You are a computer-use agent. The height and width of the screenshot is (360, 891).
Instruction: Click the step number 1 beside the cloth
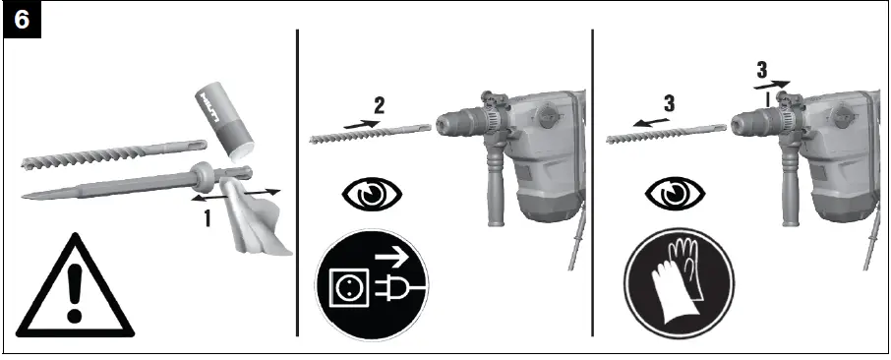click(x=208, y=218)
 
